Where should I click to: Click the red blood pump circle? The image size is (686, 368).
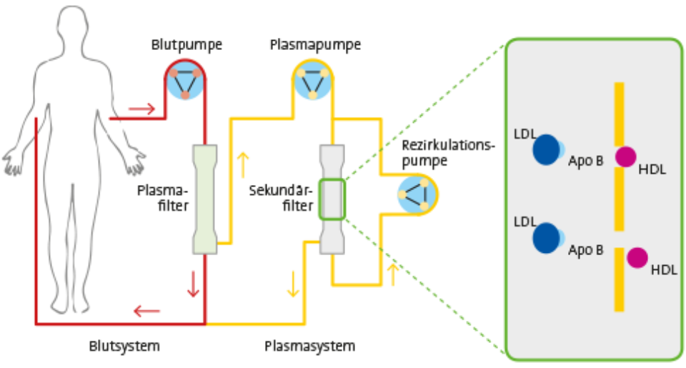click(185, 83)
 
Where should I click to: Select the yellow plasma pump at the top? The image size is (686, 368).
click(312, 83)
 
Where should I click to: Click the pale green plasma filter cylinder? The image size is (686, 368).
click(205, 199)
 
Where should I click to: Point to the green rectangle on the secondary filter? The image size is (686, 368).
click(332, 199)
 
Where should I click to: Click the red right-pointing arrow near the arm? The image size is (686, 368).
click(141, 109)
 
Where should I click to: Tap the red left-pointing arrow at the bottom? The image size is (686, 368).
click(147, 312)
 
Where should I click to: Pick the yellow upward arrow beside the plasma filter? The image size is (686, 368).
click(244, 164)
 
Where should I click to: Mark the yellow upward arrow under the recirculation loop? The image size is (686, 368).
click(392, 274)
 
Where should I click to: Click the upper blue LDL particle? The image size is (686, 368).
click(547, 149)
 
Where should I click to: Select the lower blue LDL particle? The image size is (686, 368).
click(547, 238)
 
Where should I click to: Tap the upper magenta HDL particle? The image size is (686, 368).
click(626, 156)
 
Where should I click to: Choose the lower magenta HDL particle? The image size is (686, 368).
click(637, 257)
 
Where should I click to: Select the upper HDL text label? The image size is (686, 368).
click(652, 169)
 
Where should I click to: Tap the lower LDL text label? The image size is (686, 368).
click(525, 222)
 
